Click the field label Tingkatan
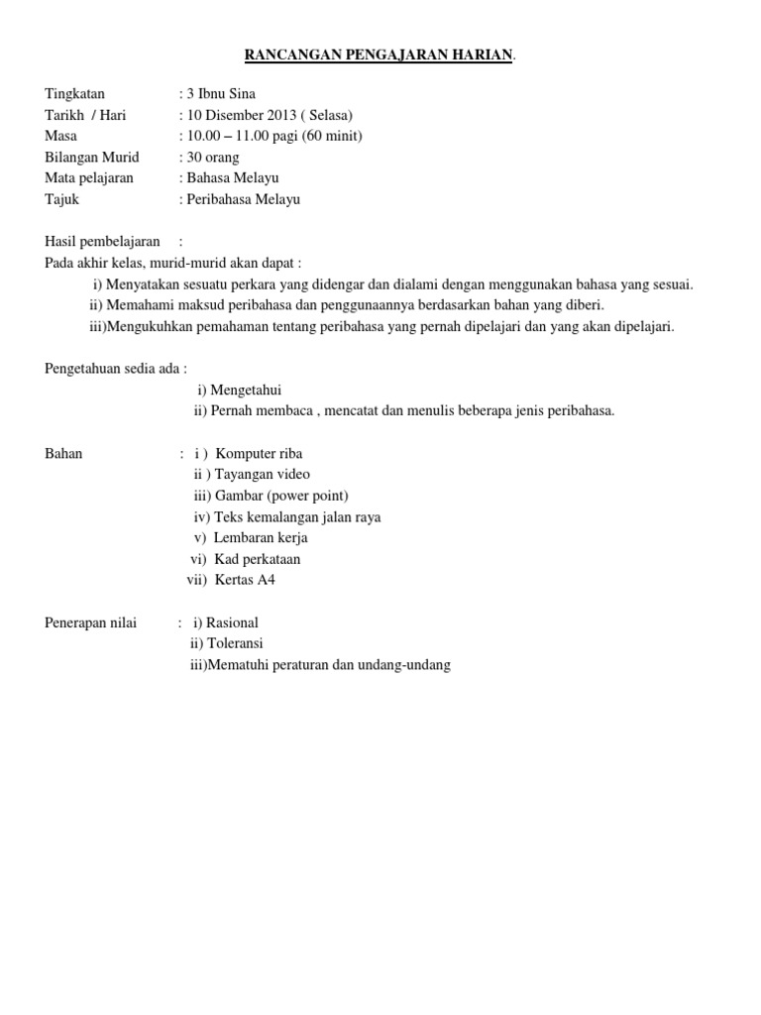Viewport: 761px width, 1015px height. tap(74, 94)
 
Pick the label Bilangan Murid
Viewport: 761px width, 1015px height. tap(92, 157)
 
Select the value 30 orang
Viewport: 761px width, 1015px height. tap(213, 157)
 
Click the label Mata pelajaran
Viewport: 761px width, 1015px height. tap(89, 177)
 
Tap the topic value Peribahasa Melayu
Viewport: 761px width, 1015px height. tap(244, 199)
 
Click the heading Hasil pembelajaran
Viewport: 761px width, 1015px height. tap(103, 241)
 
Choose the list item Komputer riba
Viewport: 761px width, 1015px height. tap(259, 453)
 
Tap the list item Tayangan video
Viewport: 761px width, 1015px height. tap(262, 474)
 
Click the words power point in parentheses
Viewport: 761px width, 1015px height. tap(311, 495)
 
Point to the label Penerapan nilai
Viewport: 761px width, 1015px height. tap(91, 622)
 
